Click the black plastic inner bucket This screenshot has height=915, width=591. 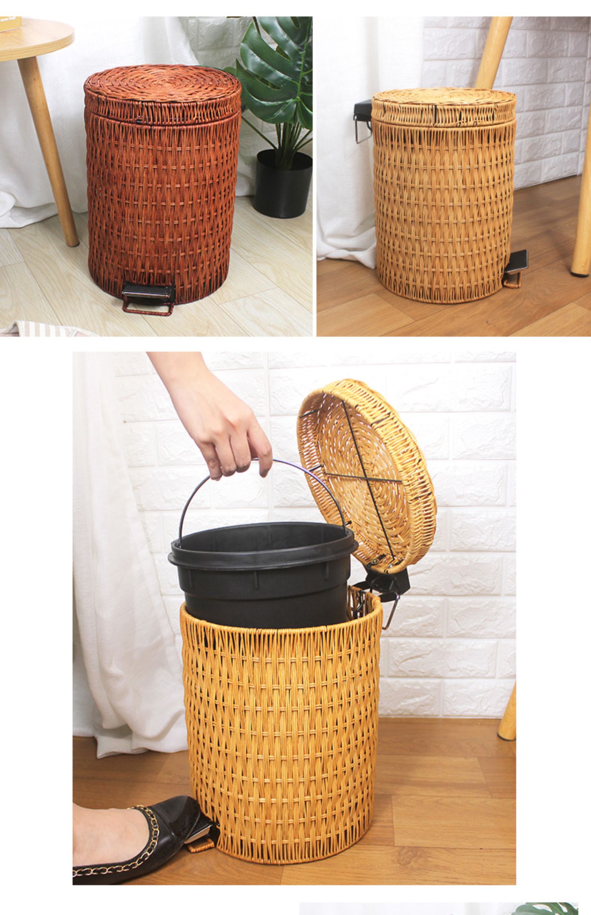click(x=260, y=567)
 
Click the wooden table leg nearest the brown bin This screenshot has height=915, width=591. click(x=49, y=150)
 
